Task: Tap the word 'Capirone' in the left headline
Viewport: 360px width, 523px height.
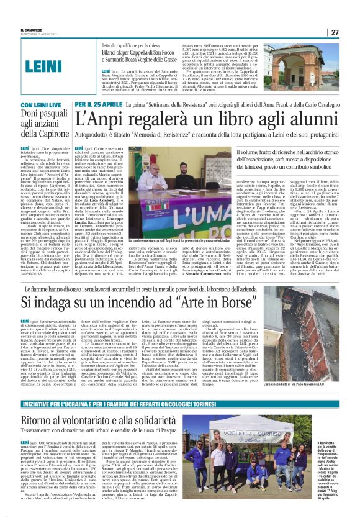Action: tap(54, 132)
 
